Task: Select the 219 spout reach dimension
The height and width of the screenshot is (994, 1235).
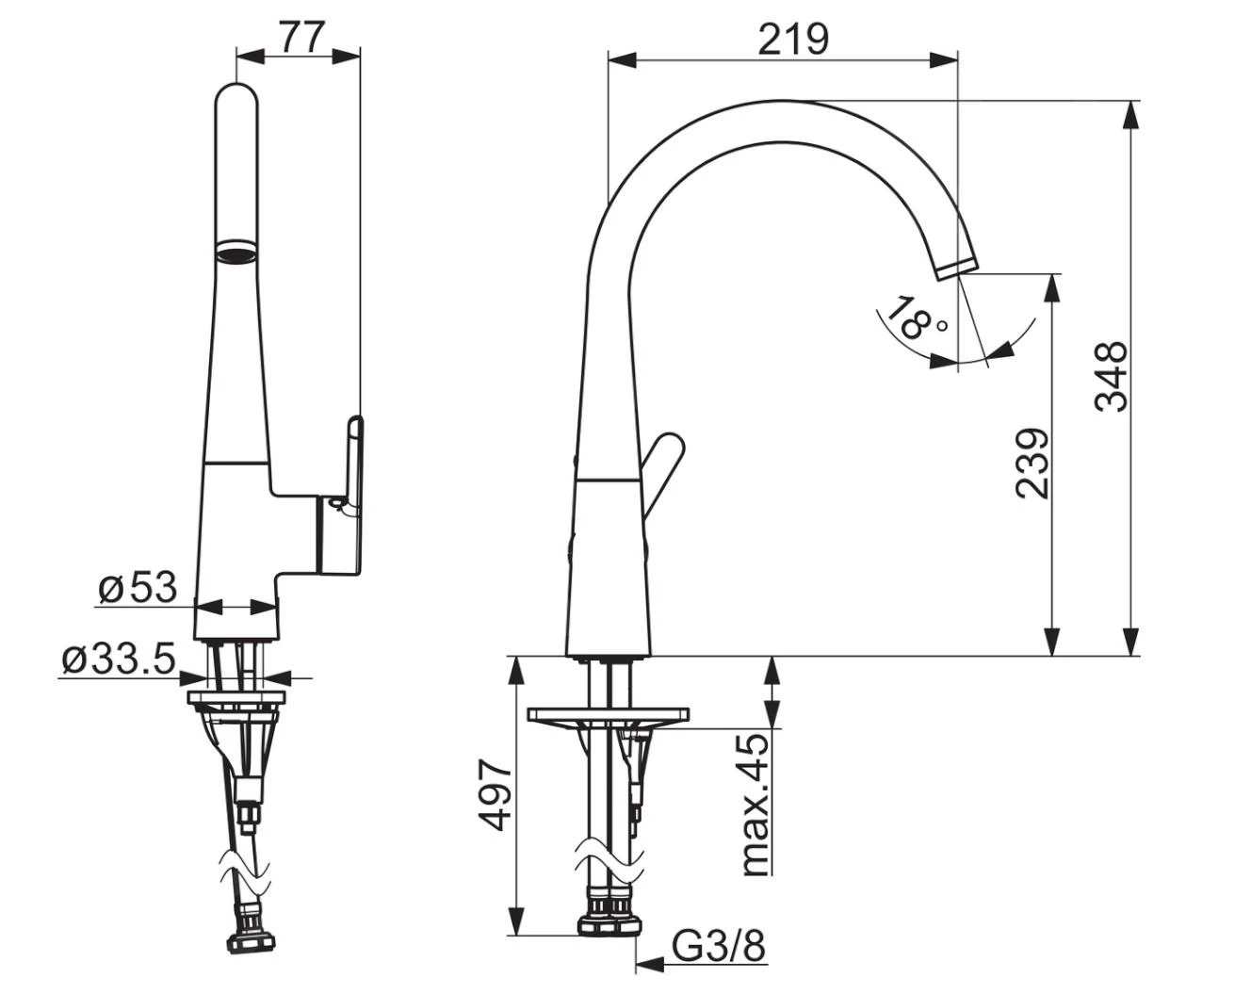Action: click(793, 39)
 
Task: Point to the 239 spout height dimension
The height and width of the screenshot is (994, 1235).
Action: click(1032, 463)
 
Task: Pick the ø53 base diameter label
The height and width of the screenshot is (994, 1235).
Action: click(138, 588)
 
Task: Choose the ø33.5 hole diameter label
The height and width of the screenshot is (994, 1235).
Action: click(118, 660)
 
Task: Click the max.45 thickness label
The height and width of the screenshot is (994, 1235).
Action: click(755, 805)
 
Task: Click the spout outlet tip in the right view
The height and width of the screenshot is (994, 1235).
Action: click(958, 266)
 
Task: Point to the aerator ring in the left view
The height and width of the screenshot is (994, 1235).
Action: click(236, 252)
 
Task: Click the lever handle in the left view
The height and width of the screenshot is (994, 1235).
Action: click(353, 462)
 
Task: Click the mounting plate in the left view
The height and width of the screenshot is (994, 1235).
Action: click(236, 698)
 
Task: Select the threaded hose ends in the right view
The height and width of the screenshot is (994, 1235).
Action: click(609, 911)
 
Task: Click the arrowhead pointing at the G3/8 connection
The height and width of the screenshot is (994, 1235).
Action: click(648, 963)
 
